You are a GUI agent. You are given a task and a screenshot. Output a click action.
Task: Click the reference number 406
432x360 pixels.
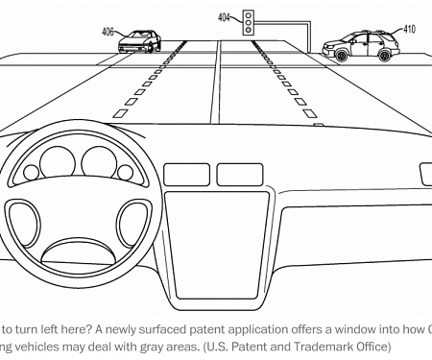(x=108, y=31)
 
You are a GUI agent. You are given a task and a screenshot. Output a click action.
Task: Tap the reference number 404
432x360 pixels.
(x=224, y=16)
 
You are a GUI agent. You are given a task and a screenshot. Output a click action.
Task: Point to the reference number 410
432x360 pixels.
(x=410, y=29)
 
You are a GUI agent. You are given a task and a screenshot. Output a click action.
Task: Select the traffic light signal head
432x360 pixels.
(x=248, y=23)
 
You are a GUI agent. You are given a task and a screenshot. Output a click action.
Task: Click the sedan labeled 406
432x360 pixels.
(x=138, y=41)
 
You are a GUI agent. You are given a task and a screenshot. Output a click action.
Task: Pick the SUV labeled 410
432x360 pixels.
(x=360, y=46)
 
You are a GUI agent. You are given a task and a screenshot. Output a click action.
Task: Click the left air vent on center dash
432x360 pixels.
(x=186, y=174)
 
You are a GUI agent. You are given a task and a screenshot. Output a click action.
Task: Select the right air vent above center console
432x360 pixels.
(x=238, y=174)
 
